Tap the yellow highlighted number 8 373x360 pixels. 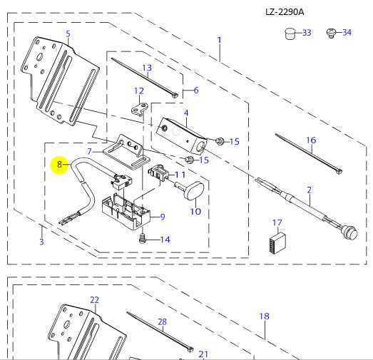pos(59,164)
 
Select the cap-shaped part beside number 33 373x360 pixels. pos(289,33)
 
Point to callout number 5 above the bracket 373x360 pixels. pos(68,34)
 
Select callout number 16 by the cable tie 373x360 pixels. pos(311,140)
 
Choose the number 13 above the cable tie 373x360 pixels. pos(147,68)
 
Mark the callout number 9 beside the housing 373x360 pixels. pos(162,217)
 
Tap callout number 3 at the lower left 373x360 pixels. pos(41,242)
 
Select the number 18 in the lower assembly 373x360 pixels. pos(264,316)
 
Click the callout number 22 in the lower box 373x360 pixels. pos(94,300)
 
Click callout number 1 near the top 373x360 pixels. pos(219,40)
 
